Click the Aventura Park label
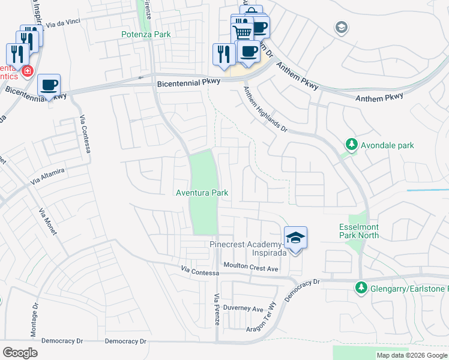click(202, 193)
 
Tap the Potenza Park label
click(146, 34)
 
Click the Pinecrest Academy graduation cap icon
click(295, 238)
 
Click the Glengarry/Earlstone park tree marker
click(361, 288)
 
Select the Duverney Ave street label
click(243, 309)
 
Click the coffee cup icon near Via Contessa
click(49, 85)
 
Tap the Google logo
click(20, 352)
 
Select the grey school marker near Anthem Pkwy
click(342, 27)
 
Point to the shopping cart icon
click(242, 31)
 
